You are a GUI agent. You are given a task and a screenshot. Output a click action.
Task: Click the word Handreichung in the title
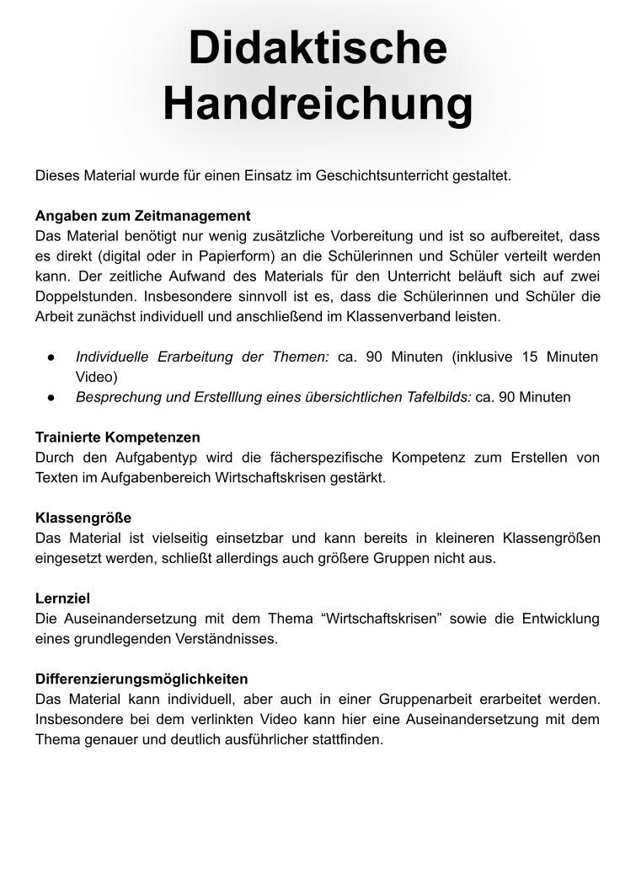pos(318,103)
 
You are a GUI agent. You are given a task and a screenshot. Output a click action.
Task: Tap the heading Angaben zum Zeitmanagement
pos(142,216)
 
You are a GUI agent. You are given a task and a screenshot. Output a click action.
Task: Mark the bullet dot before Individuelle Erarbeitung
pos(52,357)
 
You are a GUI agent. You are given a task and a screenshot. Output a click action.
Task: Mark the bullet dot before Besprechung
pos(52,397)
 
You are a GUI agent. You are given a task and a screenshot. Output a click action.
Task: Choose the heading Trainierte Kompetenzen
pos(118,437)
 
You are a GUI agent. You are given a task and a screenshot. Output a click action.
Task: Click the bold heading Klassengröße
pos(83,518)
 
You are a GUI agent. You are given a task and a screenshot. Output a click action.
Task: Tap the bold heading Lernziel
pos(62,598)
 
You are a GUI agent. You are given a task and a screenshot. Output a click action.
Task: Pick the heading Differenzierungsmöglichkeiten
pos(142,679)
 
